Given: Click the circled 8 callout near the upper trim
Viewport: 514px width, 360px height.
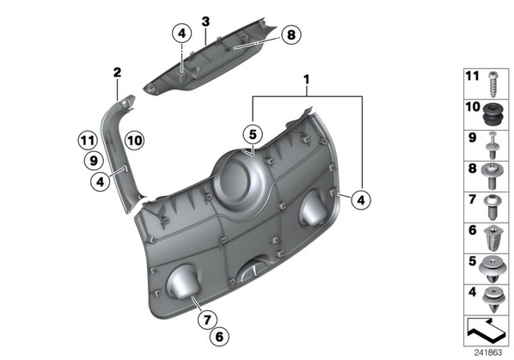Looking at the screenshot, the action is click(x=291, y=34).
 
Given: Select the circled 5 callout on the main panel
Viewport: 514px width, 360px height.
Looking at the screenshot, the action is click(x=253, y=134).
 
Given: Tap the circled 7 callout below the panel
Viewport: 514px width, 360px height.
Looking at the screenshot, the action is click(x=207, y=319).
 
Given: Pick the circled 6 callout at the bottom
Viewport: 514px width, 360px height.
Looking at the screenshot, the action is click(x=219, y=337).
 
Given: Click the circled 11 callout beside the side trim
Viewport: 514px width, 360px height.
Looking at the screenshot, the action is click(x=88, y=141).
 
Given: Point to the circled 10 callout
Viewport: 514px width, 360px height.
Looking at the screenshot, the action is click(x=135, y=141).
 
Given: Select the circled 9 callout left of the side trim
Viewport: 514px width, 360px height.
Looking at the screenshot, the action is click(x=94, y=161).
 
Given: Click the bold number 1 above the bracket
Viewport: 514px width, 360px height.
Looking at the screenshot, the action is click(x=307, y=79).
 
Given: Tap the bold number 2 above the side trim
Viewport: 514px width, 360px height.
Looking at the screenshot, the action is click(x=117, y=72).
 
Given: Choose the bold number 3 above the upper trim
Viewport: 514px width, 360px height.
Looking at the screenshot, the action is click(x=205, y=21).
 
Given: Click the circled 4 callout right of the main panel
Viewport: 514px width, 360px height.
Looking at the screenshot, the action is click(x=361, y=199).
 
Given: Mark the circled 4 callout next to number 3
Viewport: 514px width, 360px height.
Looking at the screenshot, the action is click(x=182, y=34).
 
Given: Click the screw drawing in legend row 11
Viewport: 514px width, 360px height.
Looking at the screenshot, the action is click(x=493, y=84).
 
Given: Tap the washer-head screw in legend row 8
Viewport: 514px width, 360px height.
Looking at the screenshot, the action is click(x=492, y=176).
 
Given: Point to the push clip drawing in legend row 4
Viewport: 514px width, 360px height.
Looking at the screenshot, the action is click(x=493, y=300).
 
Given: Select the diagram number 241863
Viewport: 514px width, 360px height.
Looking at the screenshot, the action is click(x=487, y=352).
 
